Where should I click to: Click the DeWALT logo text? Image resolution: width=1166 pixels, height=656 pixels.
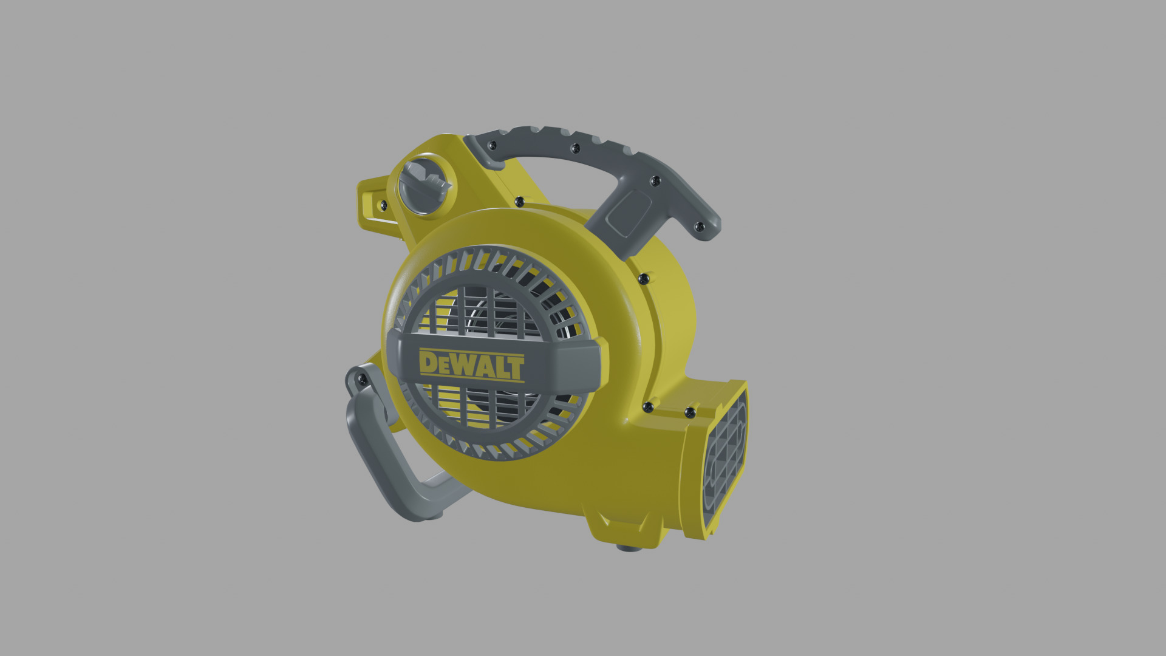click(471, 365)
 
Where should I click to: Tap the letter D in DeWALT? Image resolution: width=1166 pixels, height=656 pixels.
click(428, 364)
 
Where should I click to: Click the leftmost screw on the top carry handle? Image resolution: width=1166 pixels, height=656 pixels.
click(493, 145)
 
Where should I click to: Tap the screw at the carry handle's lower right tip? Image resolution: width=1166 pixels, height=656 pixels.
click(698, 227)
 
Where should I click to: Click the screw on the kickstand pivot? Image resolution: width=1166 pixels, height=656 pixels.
click(362, 379)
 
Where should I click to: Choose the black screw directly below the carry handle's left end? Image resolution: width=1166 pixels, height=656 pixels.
click(519, 201)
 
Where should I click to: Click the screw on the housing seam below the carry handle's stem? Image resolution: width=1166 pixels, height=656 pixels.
click(642, 278)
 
